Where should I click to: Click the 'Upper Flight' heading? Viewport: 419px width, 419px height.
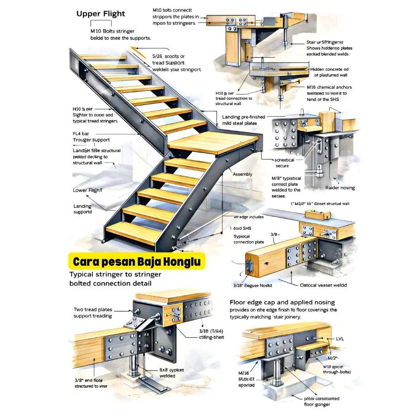[x=100, y=14]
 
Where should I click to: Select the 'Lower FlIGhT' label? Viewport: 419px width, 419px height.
[x=88, y=190]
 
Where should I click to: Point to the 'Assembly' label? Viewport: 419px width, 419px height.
[x=242, y=174]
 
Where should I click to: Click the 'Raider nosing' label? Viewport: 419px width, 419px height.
[x=340, y=188]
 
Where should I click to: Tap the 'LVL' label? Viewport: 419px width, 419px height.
[x=340, y=339]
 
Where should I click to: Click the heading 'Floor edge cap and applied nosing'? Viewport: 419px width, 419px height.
[x=282, y=302]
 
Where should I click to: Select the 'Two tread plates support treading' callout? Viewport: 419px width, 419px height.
[x=93, y=313]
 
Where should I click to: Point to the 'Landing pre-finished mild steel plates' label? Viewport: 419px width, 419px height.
[x=244, y=120]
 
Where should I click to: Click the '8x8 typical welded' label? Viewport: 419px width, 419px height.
[x=171, y=373]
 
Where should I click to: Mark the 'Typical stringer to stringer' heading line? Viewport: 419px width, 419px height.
[x=115, y=274]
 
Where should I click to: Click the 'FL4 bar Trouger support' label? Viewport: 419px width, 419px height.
[x=91, y=137]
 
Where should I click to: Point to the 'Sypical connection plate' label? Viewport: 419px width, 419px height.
[x=249, y=239]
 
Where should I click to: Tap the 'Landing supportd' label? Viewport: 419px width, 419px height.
[x=83, y=209]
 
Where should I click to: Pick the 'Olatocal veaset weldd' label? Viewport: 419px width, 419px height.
[x=323, y=285]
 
